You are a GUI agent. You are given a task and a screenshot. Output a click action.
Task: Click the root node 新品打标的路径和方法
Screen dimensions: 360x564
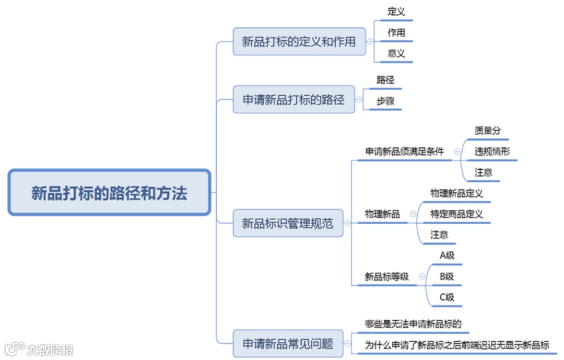109,193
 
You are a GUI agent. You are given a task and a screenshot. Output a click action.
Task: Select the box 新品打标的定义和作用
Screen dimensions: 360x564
299,42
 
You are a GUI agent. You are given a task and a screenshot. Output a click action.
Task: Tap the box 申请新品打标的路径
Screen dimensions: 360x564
293,99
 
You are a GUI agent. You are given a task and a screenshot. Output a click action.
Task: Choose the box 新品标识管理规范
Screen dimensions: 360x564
287,224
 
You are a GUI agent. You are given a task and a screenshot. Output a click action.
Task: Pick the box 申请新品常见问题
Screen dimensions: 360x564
288,343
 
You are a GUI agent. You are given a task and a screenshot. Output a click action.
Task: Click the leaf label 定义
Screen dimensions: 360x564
396,11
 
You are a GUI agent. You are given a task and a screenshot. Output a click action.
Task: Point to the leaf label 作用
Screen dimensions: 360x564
396,32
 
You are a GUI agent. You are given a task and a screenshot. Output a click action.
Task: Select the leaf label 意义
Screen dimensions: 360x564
396,53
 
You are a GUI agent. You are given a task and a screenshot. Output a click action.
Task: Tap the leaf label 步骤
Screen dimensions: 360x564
385,101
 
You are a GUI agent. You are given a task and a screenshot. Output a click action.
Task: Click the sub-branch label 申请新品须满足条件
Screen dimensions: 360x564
404,152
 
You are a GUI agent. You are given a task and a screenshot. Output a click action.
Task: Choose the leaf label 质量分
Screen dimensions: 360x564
487,131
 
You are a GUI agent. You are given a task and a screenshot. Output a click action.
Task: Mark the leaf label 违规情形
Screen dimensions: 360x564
492,152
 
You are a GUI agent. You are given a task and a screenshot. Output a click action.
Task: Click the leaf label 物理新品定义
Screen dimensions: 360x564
456,193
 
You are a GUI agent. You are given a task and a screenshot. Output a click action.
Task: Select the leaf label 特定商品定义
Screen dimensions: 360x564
456,214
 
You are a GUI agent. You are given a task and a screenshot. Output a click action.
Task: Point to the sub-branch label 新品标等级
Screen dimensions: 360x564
386,277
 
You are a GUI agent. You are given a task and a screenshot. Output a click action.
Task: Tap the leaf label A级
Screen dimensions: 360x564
447,256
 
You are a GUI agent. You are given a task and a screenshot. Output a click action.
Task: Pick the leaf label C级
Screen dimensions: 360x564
446,297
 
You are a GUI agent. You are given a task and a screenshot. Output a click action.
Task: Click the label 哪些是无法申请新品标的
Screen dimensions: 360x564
413,324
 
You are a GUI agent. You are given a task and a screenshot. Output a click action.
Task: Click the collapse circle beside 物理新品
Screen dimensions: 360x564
413,214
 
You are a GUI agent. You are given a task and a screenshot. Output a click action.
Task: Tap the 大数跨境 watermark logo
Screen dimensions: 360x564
39,349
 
